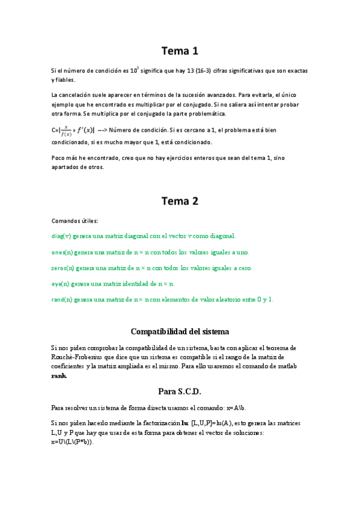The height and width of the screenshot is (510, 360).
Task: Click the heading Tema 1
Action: click(180, 51)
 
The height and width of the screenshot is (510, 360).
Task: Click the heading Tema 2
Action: click(180, 201)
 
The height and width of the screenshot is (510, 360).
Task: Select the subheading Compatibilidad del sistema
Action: click(180, 331)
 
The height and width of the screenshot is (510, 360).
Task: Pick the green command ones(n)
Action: click(63, 252)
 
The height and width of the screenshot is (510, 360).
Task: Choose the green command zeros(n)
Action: click(64, 268)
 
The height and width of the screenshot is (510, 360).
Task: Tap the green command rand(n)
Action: click(63, 299)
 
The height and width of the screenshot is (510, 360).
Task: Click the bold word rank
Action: click(59, 376)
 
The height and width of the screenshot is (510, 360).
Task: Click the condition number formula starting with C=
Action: click(73, 131)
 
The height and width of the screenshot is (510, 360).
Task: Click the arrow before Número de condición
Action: click(102, 131)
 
